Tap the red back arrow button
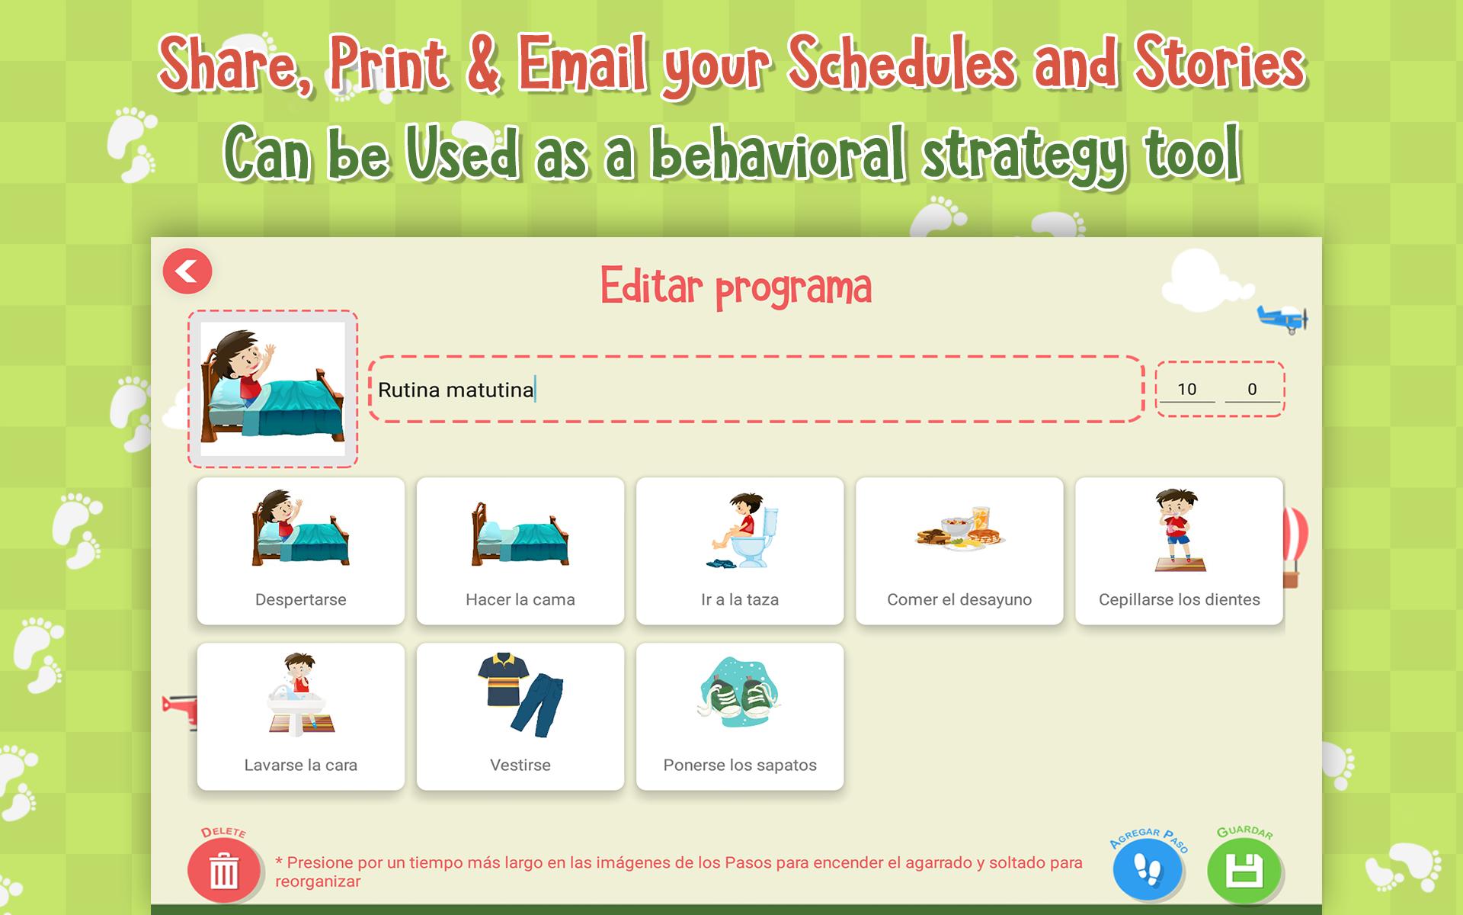click(x=187, y=271)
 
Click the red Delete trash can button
click(x=223, y=871)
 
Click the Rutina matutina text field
click(x=756, y=389)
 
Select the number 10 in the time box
click(x=1186, y=389)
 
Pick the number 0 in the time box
click(x=1252, y=389)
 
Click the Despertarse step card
click(x=301, y=551)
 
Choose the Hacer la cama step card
click(x=520, y=551)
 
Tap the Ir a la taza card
click(x=740, y=551)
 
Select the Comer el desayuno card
click(x=959, y=551)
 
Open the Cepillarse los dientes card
click(x=1179, y=551)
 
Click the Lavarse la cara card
click(x=301, y=717)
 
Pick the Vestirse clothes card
click(x=520, y=717)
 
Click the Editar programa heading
click(x=736, y=287)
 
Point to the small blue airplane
click(x=1282, y=318)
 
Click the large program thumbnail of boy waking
click(x=273, y=389)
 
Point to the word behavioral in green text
click(x=780, y=155)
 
